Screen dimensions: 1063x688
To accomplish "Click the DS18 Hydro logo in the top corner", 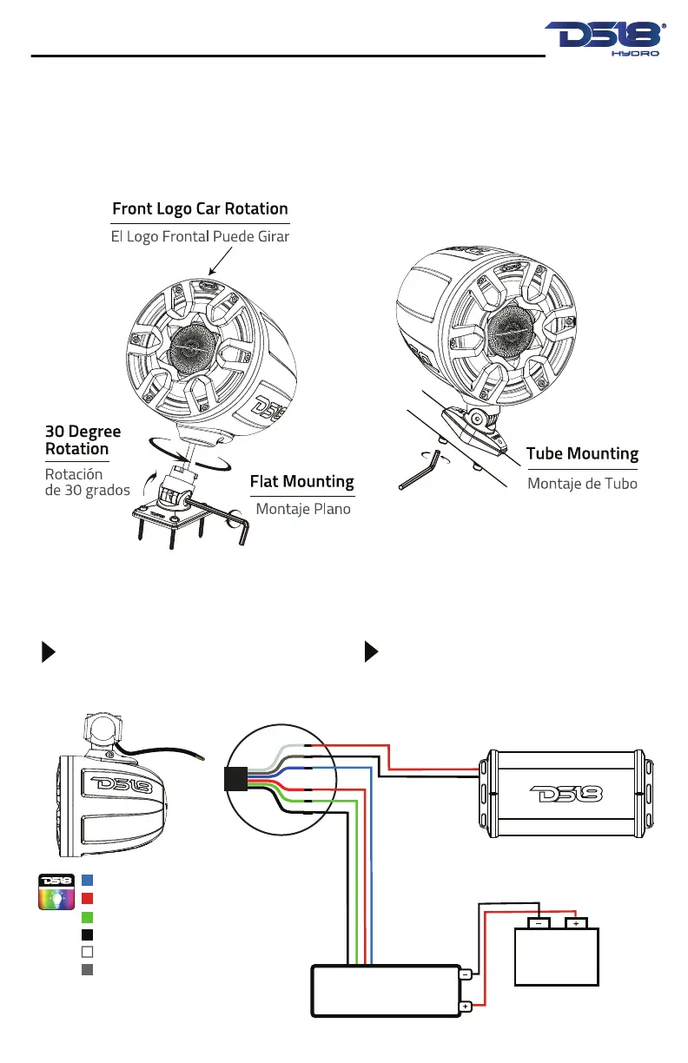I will [x=605, y=40].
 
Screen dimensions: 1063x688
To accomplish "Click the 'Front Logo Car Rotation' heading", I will [x=200, y=209].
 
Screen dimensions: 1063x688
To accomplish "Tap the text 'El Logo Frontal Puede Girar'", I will [x=200, y=236].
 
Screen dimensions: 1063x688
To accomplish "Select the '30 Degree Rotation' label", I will [x=83, y=440].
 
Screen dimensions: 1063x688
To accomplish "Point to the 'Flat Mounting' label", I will [x=301, y=481].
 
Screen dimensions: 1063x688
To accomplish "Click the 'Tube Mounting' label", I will [x=582, y=453].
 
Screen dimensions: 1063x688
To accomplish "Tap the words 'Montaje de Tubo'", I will [x=582, y=483].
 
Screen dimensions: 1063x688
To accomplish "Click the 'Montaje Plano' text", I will [x=303, y=509].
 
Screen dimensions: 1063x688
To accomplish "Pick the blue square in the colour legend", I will [x=87, y=879].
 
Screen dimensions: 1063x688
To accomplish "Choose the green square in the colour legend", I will [x=87, y=916].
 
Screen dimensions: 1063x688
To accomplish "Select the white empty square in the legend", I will [x=87, y=952].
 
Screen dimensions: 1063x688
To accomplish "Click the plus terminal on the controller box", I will [x=465, y=1007].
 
